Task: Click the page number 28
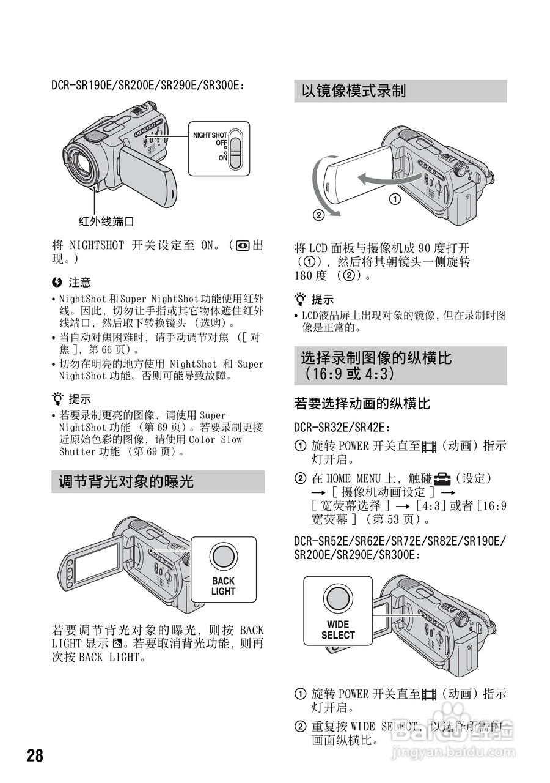35,755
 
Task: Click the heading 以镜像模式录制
354,91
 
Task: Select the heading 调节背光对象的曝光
126,481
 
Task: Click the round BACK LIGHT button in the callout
223,557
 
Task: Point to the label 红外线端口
106,221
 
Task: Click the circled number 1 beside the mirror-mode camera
395,199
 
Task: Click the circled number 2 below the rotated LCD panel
318,215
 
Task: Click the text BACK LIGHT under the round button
223,586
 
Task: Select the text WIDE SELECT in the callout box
337,629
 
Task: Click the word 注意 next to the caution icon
79,283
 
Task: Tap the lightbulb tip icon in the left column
58,399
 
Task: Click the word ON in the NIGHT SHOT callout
223,157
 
